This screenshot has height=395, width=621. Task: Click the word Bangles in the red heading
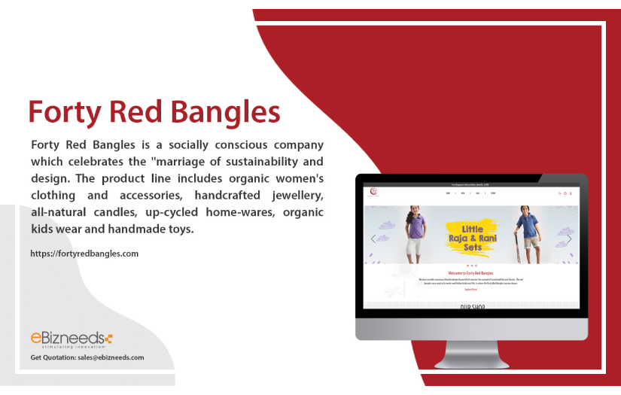pyautogui.click(x=225, y=112)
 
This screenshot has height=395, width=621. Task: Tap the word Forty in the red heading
pyautogui.click(x=65, y=112)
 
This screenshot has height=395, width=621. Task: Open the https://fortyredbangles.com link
pyautogui.click(x=84, y=254)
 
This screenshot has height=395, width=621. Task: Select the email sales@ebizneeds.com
pyautogui.click(x=111, y=357)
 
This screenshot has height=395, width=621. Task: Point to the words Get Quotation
pyautogui.click(x=53, y=357)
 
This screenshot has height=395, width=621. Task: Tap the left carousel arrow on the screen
pyautogui.click(x=373, y=239)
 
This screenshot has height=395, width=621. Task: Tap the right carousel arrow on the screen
pyautogui.click(x=569, y=239)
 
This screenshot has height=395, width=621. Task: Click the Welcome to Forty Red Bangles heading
pyautogui.click(x=470, y=272)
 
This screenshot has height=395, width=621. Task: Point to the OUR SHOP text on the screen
pyautogui.click(x=472, y=307)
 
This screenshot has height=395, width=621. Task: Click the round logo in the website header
pyautogui.click(x=373, y=193)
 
